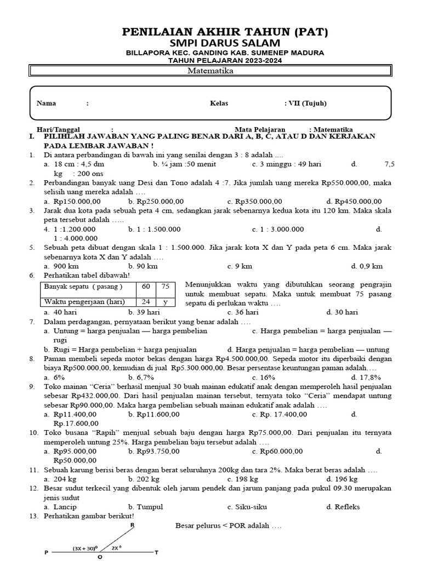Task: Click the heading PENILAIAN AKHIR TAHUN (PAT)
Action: coord(225,32)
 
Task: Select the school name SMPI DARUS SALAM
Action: coord(225,43)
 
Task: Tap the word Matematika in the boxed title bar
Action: coord(210,71)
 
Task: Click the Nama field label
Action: coord(46,103)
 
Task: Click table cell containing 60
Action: coord(146,287)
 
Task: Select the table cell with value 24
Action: coord(146,302)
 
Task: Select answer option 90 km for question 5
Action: coord(145,266)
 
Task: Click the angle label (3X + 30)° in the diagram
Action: coord(85,547)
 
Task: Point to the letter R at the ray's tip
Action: coord(132,525)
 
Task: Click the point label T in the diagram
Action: coord(157,552)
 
